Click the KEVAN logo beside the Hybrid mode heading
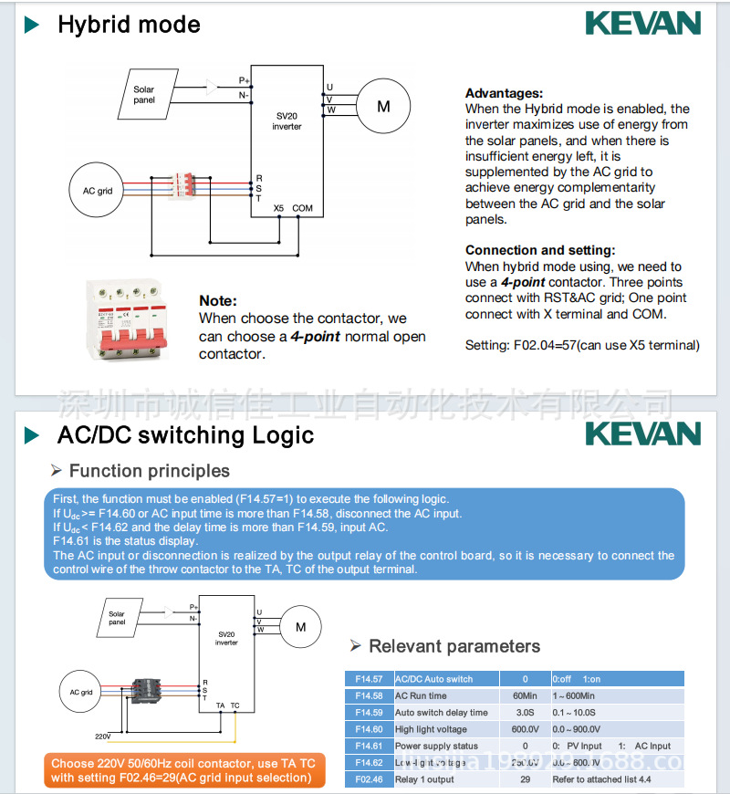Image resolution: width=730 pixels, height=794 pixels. click(x=642, y=23)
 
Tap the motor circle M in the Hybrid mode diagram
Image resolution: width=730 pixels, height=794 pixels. click(x=383, y=107)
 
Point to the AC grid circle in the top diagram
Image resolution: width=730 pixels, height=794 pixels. click(x=98, y=191)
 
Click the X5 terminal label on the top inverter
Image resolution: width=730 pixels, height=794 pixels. click(x=279, y=208)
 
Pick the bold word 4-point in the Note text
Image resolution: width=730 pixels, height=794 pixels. click(x=316, y=336)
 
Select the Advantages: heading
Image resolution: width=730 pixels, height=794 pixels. click(x=504, y=93)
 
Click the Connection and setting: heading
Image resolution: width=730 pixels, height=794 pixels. click(x=540, y=250)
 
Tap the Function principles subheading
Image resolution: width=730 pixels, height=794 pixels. click(x=150, y=471)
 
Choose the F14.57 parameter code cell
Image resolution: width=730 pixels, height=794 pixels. click(x=369, y=679)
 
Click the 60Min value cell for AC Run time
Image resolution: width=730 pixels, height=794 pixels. click(x=525, y=695)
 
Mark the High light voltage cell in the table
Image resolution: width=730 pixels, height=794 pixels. click(x=431, y=729)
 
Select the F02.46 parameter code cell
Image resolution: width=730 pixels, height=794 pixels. click(x=369, y=779)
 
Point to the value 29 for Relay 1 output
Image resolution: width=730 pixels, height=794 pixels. click(x=525, y=779)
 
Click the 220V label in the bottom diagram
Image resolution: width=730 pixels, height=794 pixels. click(x=102, y=736)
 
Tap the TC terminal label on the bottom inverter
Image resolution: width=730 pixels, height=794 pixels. click(x=235, y=705)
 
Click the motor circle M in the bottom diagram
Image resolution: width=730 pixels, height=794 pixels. click(x=300, y=627)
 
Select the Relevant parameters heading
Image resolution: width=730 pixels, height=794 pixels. click(x=454, y=646)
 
